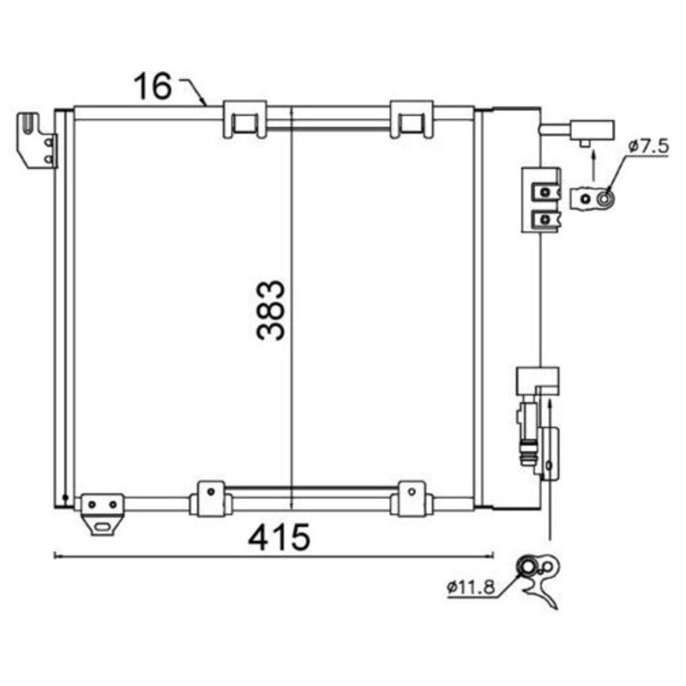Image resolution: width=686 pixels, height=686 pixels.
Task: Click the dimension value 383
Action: point(271,310)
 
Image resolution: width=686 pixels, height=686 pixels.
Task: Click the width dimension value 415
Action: point(280,537)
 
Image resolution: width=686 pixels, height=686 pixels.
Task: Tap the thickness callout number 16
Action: point(153,86)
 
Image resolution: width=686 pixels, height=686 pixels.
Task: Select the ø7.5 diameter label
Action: point(649,146)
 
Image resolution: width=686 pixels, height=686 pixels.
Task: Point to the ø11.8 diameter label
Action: point(471,587)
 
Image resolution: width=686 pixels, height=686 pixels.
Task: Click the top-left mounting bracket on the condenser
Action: point(37,140)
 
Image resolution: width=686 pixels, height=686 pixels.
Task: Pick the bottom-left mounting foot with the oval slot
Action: point(102,514)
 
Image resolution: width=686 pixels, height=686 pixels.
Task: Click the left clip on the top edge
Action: point(244,119)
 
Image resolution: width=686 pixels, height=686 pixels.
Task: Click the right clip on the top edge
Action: point(412,119)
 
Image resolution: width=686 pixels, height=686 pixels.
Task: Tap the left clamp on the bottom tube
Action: point(211,499)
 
